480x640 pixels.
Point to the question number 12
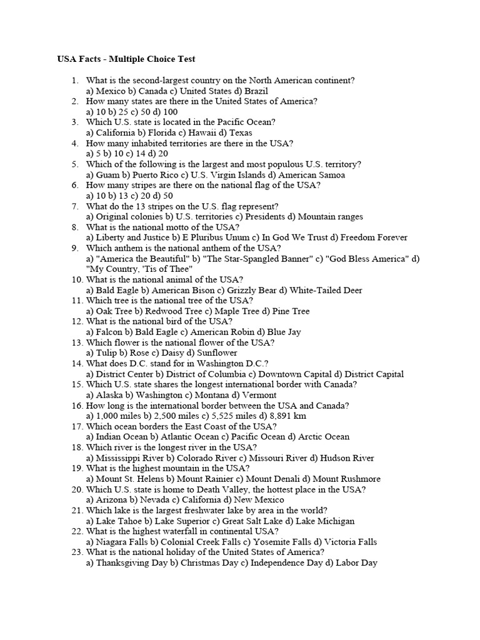pos(77,322)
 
